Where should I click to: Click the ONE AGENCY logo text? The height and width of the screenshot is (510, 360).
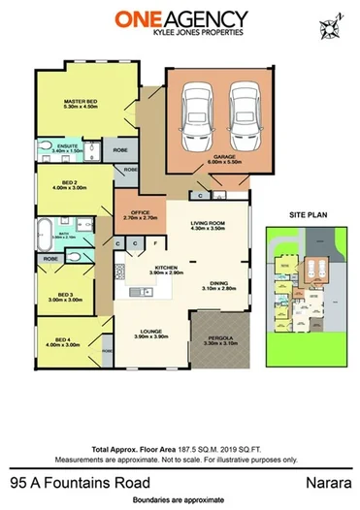[x=180, y=18]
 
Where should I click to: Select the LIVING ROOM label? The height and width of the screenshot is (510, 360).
[x=207, y=225]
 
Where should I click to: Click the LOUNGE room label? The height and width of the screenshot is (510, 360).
[x=147, y=333]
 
